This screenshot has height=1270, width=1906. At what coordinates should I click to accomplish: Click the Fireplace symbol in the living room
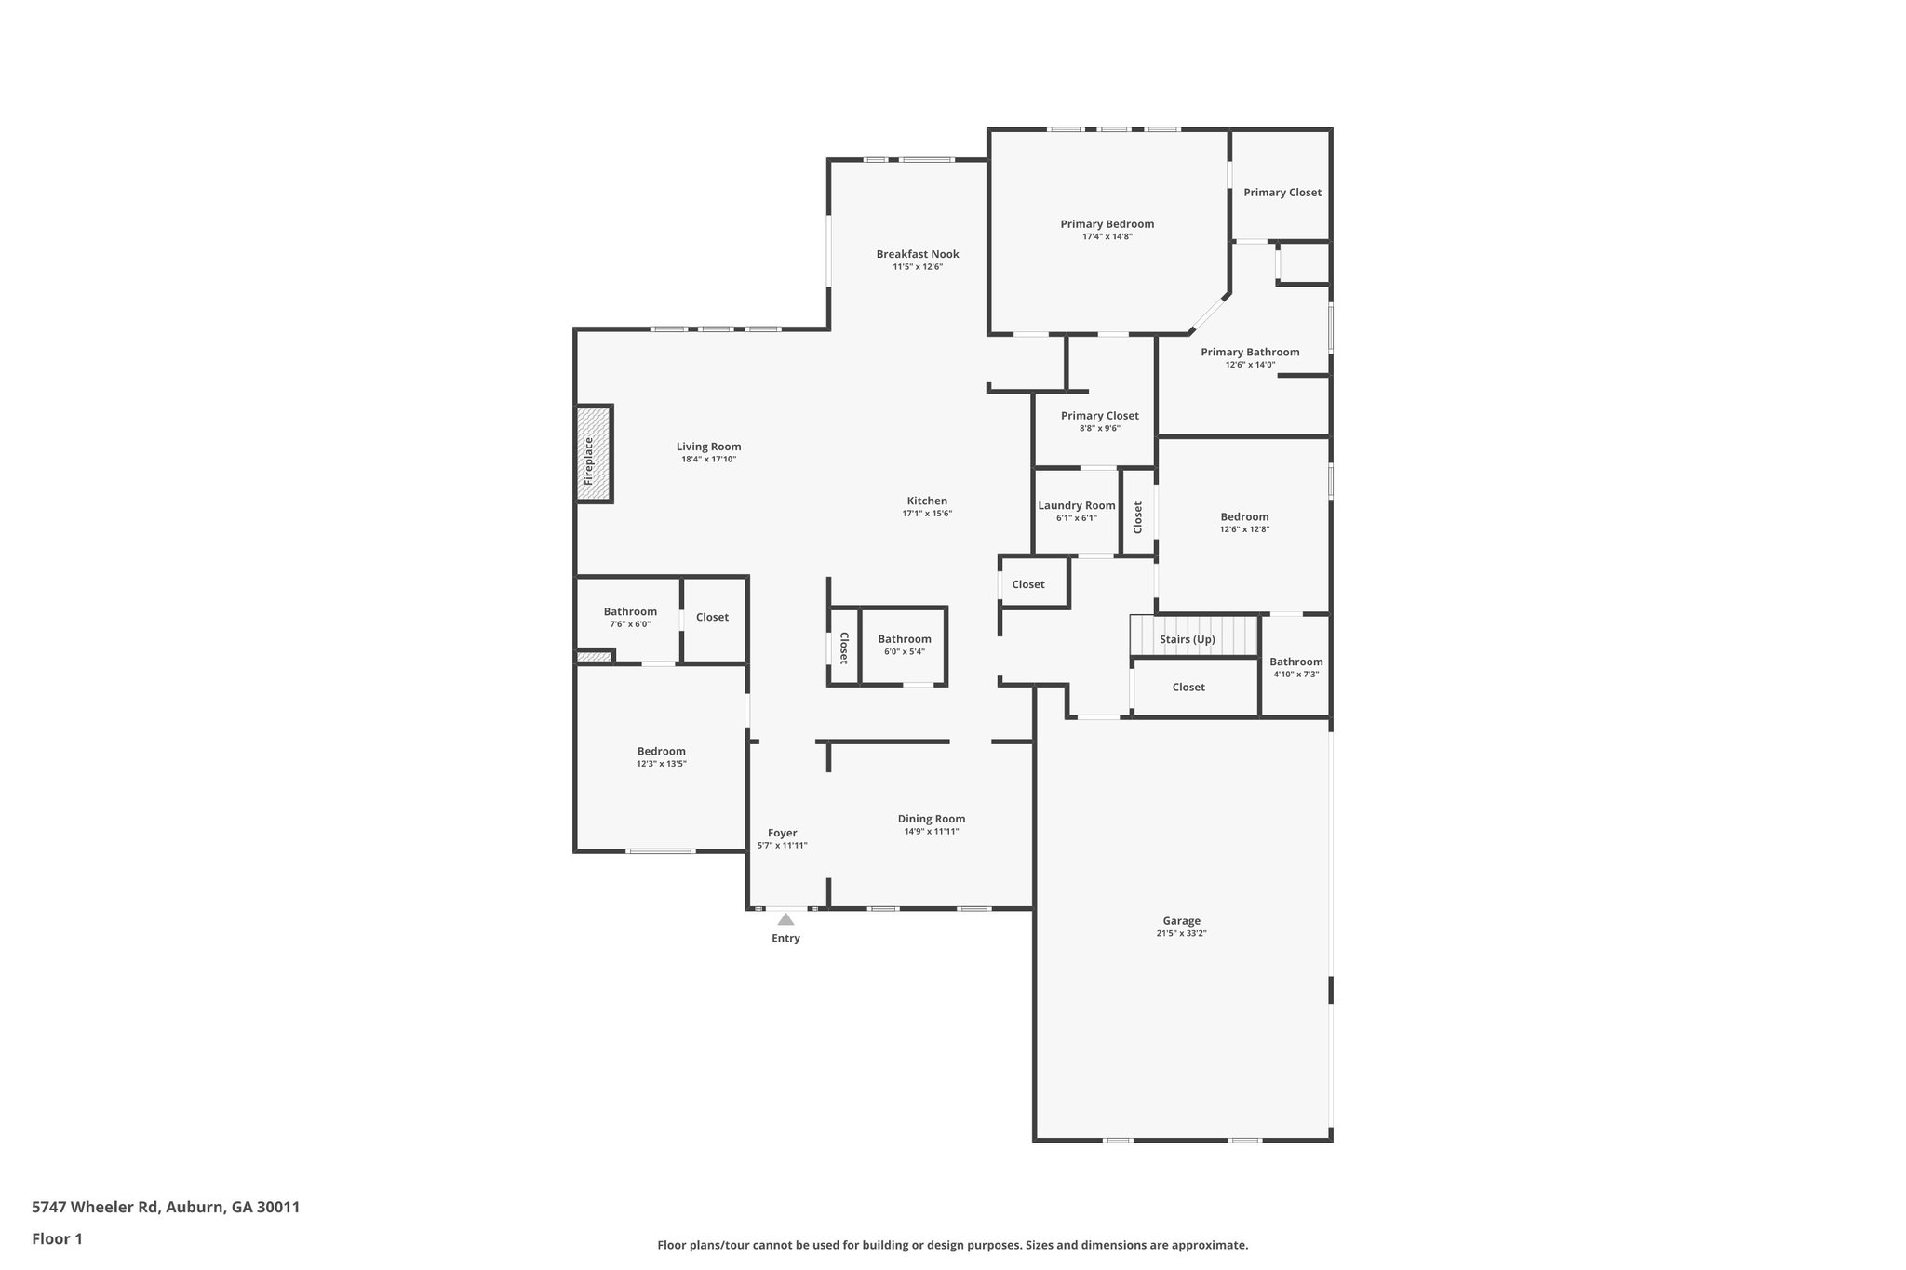coord(593,454)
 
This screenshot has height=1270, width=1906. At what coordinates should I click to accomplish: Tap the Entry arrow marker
coord(785,919)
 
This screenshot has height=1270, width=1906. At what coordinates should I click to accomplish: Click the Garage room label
coord(1181,921)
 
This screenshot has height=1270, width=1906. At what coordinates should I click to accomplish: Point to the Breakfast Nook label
coord(917,254)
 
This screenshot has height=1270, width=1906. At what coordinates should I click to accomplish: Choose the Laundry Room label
coord(1076,506)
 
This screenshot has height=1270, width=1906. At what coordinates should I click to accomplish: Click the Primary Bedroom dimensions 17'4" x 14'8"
coord(1107,236)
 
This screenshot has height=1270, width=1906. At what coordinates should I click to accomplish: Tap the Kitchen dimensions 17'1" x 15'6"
coord(927,514)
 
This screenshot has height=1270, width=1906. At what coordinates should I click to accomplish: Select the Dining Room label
coord(931,819)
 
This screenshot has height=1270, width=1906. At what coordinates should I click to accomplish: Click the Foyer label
coord(782,833)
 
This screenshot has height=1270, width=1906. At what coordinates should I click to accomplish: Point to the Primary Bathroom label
coord(1249,352)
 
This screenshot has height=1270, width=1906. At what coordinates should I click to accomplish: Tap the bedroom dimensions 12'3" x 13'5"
coord(661,764)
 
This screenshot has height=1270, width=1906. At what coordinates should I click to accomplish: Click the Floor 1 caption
coord(57,1238)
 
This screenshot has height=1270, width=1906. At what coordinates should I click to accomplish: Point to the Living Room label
coord(708,447)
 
